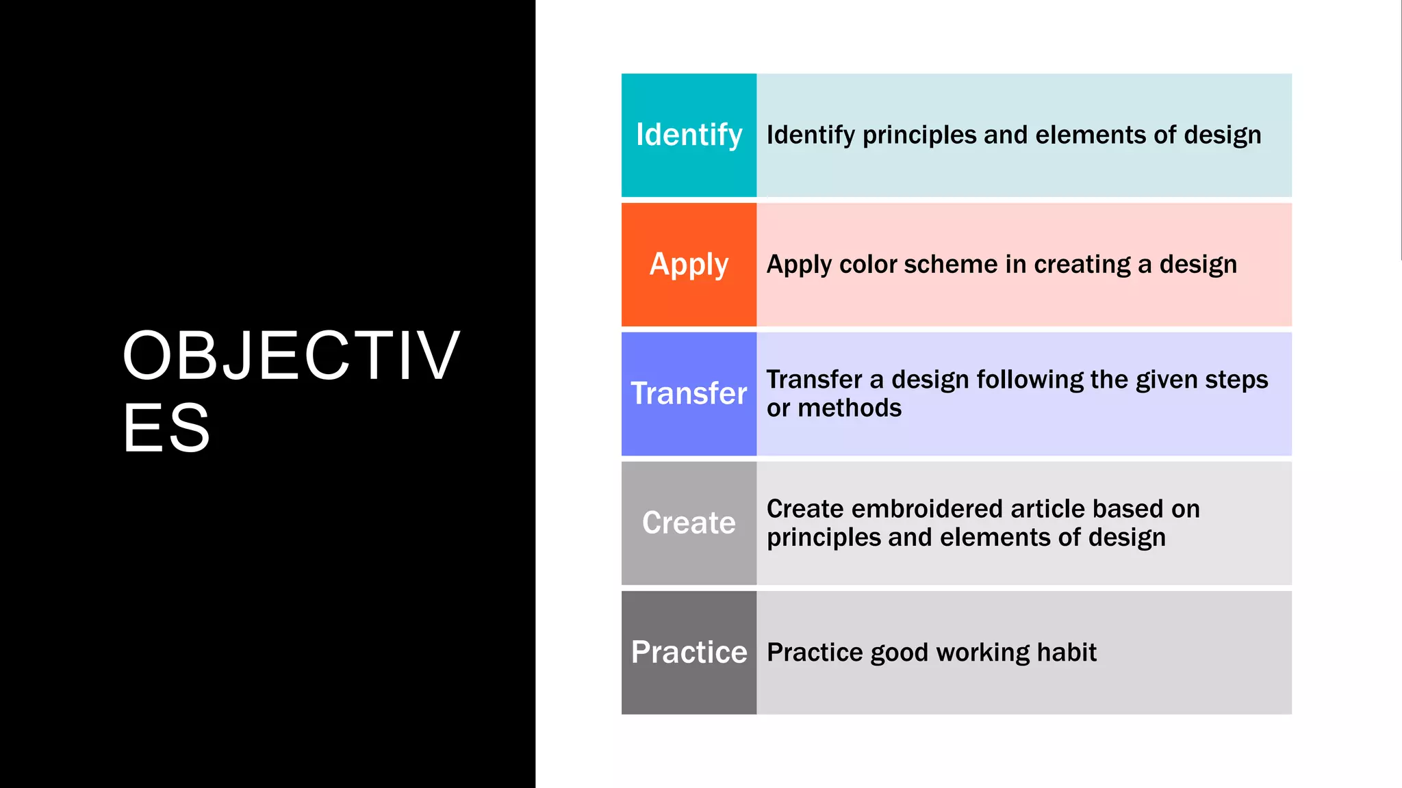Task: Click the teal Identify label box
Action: click(x=689, y=135)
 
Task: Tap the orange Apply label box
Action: click(x=689, y=264)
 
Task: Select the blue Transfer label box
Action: click(x=689, y=393)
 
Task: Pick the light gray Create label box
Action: click(x=689, y=523)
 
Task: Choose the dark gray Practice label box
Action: click(x=689, y=652)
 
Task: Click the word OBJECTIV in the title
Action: click(x=291, y=356)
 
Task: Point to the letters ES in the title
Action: click(x=166, y=428)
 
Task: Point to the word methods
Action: click(x=850, y=408)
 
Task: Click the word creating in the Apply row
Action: click(x=1082, y=265)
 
